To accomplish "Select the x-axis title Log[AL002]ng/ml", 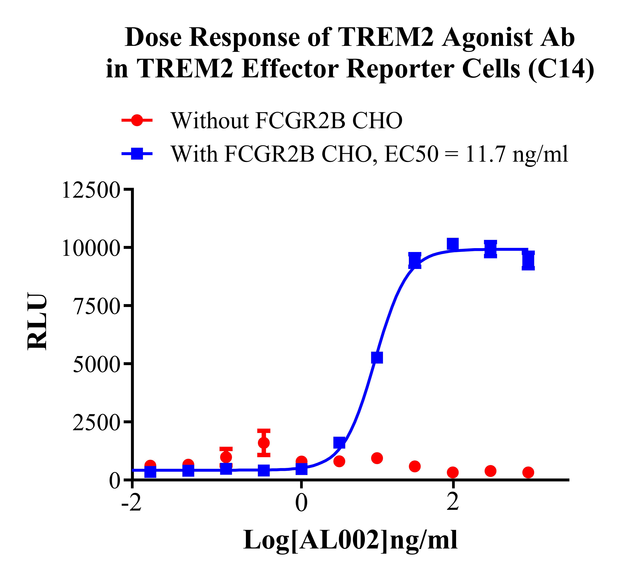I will [x=350, y=540].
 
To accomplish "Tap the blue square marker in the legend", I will [x=137, y=154].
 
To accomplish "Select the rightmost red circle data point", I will [x=528, y=473].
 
